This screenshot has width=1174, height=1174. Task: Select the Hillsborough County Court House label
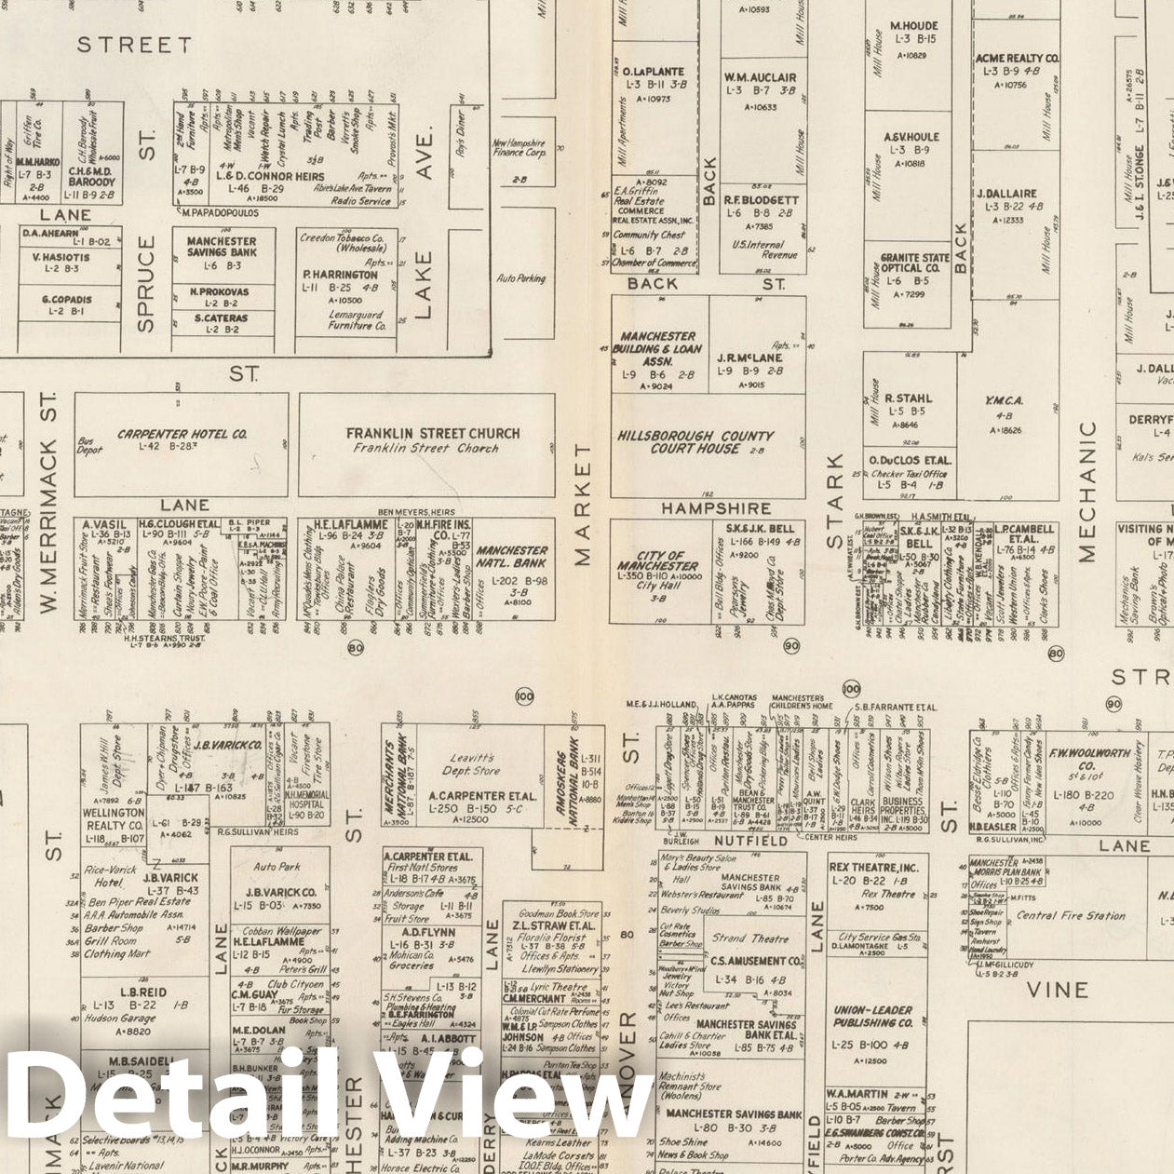[695, 441]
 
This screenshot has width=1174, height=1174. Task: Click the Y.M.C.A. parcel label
[1004, 401]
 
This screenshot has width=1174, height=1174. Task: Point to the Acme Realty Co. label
[1017, 59]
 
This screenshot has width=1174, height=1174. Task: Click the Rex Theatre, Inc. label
[872, 868]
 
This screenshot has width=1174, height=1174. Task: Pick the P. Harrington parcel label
[340, 276]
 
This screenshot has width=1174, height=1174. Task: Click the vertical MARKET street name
[583, 504]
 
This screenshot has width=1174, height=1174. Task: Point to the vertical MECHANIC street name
[1087, 492]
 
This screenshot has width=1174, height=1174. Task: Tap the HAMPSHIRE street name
[716, 508]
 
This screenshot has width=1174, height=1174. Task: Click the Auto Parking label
[521, 278]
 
